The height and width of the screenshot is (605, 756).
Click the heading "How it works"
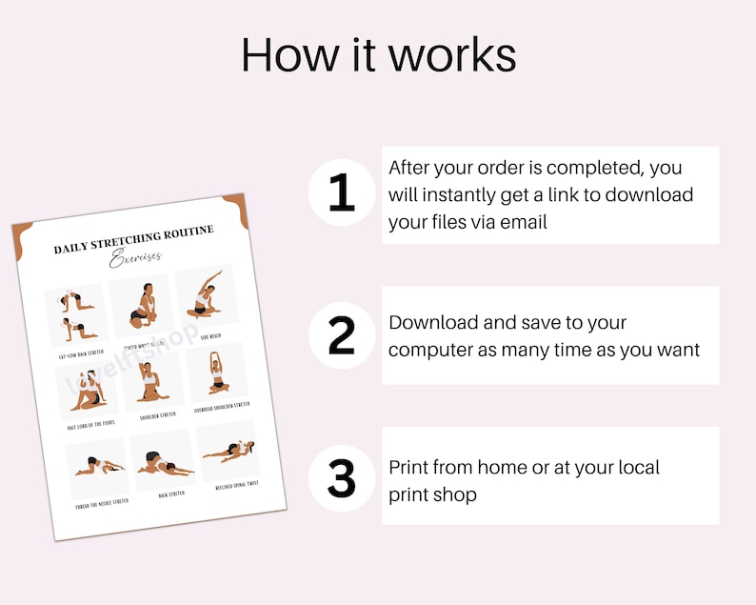coord(378,55)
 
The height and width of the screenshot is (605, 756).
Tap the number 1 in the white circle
coord(341,194)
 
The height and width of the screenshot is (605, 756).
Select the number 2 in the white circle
coord(341,335)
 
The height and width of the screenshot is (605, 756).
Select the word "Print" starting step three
coord(409,468)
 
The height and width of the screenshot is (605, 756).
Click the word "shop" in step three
coord(456,494)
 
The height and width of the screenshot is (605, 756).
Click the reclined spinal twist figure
coord(228,450)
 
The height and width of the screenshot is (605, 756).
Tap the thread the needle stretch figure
coord(95,466)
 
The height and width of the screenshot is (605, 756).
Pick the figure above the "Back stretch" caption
coord(161,460)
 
